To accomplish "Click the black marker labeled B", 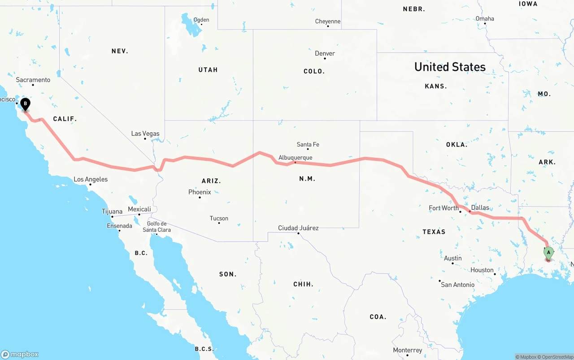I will coord(26,104).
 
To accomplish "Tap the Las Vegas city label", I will coord(145,134).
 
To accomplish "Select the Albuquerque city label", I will coord(295,158).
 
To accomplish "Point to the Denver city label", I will coord(325,53).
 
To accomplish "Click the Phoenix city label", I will coord(200,192).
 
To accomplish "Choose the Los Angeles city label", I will coord(91,179).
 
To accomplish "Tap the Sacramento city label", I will coord(33,80).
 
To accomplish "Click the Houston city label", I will coord(482,270).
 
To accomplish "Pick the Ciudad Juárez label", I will coord(298,228).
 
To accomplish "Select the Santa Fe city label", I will coord(308,144).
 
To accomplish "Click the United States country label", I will coord(450,67).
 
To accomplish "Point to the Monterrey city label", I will coord(407,350).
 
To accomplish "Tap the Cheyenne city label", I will coord(328,21).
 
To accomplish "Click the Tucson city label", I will coord(219,218).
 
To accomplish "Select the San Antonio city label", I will coord(457,285).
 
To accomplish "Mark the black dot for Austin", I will coord(452,263).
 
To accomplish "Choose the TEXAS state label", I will coord(434,232).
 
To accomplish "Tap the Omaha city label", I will coord(485,18).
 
